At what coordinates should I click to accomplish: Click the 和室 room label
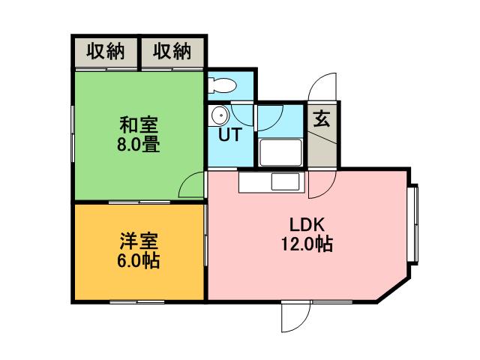(139, 124)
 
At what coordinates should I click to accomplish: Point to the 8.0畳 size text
(139, 144)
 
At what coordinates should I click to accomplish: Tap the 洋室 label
(139, 242)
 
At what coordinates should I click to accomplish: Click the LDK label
(307, 223)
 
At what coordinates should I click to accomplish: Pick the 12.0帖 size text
(307, 244)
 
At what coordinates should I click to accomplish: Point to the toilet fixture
(223, 85)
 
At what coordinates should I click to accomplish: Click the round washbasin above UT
(220, 115)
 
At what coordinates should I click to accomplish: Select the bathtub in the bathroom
(280, 153)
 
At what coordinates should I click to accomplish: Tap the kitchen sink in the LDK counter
(284, 182)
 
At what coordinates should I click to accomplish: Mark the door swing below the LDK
(295, 316)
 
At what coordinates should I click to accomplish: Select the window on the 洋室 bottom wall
(138, 301)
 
